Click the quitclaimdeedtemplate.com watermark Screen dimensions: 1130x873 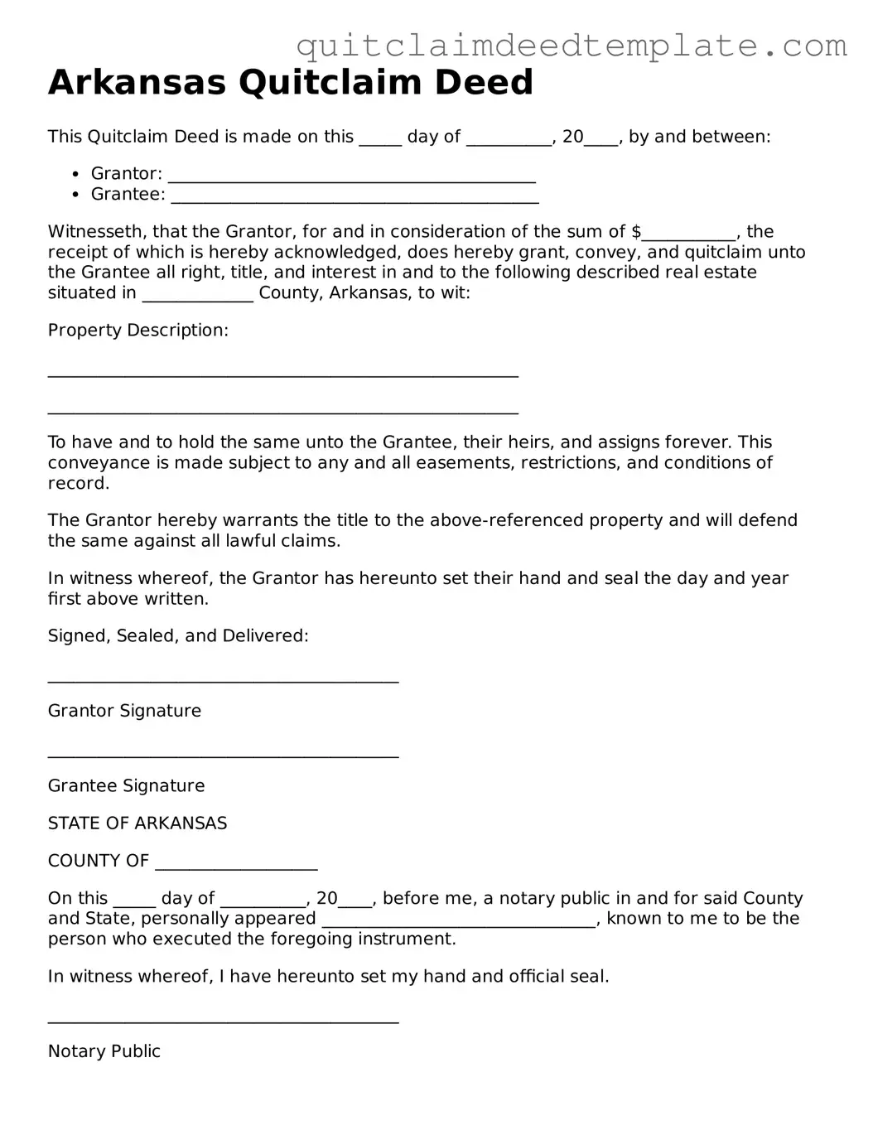click(x=572, y=46)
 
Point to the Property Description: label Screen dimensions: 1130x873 click(x=137, y=331)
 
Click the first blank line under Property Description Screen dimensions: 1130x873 click(x=282, y=374)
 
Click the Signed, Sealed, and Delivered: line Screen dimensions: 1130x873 click(x=178, y=636)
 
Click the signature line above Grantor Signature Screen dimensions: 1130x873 click(x=223, y=680)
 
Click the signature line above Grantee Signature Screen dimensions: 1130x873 click(x=223, y=755)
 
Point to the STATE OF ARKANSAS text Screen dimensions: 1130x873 click(x=137, y=823)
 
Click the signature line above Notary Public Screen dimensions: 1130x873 click(x=223, y=1020)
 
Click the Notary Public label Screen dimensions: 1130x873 click(x=104, y=1051)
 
